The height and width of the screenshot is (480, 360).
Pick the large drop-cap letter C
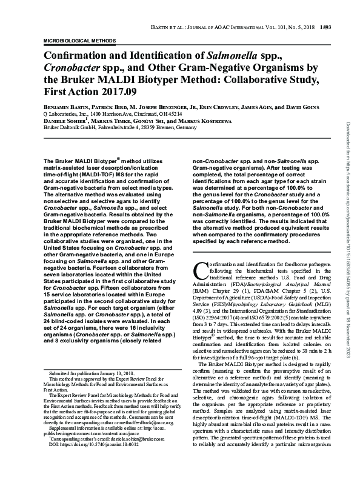coord(199,271)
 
